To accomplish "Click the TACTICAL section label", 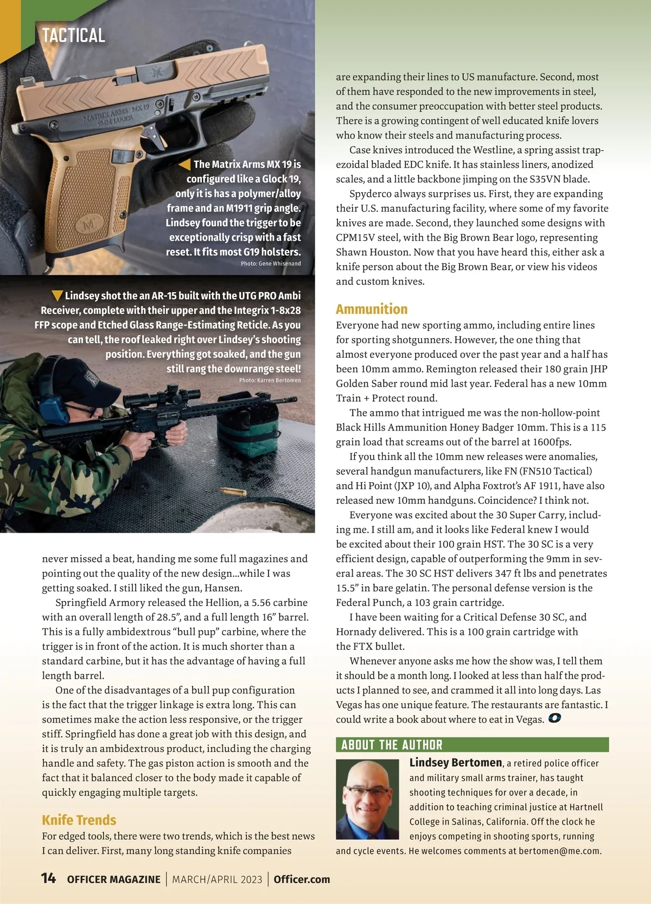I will coord(74,36).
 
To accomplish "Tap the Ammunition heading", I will coord(372,309).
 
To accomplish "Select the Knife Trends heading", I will coord(79,820).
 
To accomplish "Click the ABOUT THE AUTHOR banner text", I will coord(392,745).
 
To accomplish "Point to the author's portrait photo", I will coord(367,799).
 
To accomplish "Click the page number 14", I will coord(48,878).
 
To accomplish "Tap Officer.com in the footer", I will coord(302,880).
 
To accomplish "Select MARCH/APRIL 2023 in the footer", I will coord(217,880).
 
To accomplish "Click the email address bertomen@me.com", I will coord(559,851).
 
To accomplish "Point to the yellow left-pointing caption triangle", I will coord(185,164).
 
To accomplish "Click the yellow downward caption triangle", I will coord(57,296).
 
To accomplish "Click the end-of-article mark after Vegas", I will coord(554,719).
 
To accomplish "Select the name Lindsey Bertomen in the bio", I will coord(456,763).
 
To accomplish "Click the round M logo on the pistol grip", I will coord(90,223).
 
